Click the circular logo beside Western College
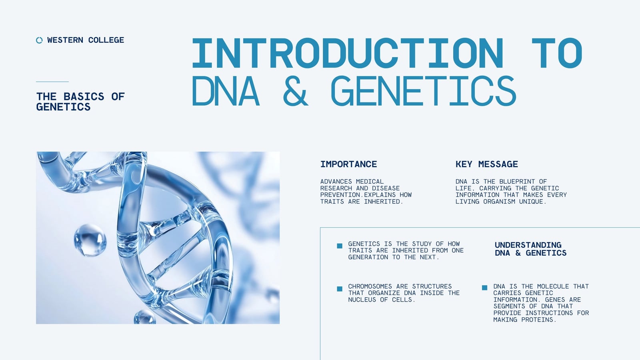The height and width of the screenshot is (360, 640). click(40, 40)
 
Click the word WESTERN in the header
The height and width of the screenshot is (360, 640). click(65, 40)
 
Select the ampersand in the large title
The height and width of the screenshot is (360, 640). click(296, 90)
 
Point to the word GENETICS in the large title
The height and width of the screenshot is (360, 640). click(424, 90)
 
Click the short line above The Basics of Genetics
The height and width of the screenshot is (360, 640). click(52, 82)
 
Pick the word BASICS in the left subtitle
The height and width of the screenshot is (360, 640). click(84, 96)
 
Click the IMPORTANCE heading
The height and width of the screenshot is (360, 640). click(348, 164)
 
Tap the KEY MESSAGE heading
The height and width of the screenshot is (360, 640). click(486, 164)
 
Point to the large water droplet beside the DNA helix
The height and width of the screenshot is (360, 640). click(90, 240)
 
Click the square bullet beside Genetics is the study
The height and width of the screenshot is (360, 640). click(340, 246)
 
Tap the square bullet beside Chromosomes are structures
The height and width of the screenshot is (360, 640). click(340, 288)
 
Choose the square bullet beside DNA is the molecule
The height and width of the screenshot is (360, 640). click(484, 288)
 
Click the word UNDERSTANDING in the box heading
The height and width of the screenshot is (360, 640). click(528, 245)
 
